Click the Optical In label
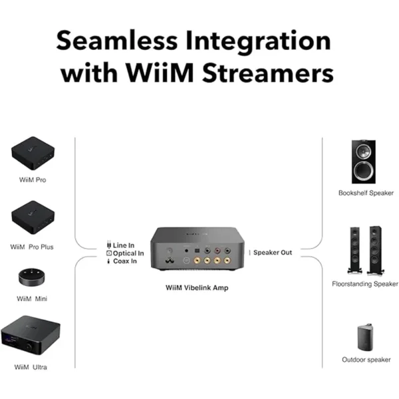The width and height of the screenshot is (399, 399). click(128, 253)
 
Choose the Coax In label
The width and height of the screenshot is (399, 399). click(126, 261)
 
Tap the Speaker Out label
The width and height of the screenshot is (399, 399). click(273, 253)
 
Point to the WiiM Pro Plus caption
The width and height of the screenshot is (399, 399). click(32, 247)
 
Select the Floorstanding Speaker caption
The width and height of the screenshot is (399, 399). click(365, 284)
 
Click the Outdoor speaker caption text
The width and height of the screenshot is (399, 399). click(365, 360)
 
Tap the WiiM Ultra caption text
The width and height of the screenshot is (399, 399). click(31, 367)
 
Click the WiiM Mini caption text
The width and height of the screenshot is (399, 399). click(31, 299)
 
